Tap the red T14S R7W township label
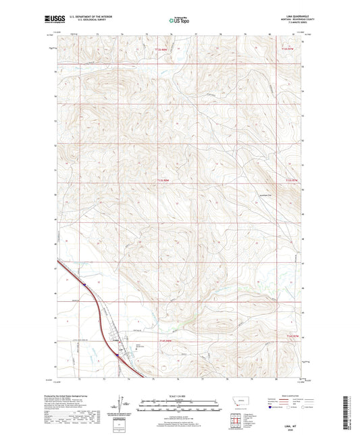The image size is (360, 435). [x=290, y=336]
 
